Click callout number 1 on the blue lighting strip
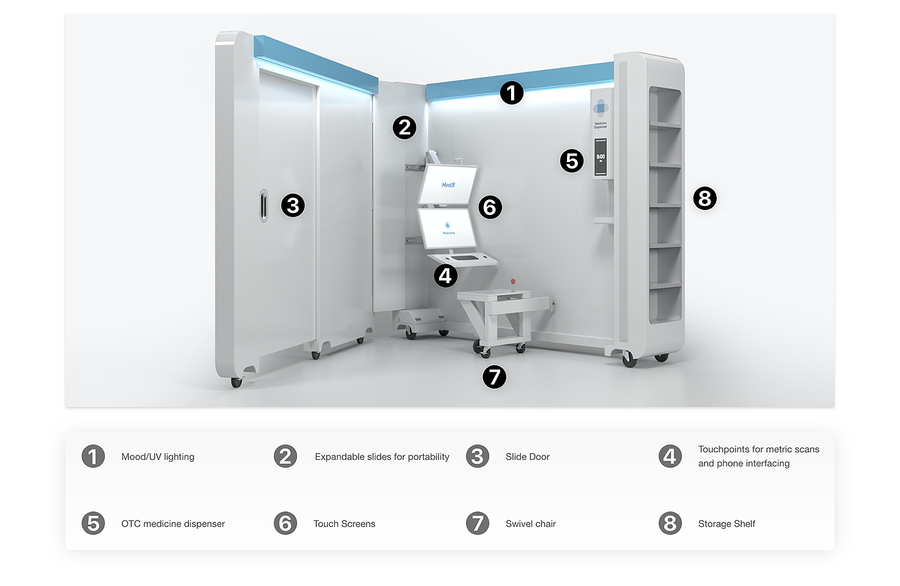pyautogui.click(x=512, y=93)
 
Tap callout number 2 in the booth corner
pyautogui.click(x=405, y=127)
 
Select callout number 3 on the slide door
pyautogui.click(x=293, y=205)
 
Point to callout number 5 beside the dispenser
pyautogui.click(x=571, y=161)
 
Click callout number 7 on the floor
pyautogui.click(x=494, y=376)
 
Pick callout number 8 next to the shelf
pyautogui.click(x=705, y=198)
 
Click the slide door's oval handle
pyautogui.click(x=263, y=206)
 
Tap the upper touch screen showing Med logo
pyautogui.click(x=448, y=184)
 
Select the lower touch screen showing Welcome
pyautogui.click(x=448, y=228)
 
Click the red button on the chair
pyautogui.click(x=513, y=282)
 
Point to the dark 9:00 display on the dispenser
pyautogui.click(x=600, y=158)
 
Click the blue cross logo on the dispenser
pyautogui.click(x=600, y=107)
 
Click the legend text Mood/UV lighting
pyautogui.click(x=157, y=457)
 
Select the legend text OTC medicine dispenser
pyautogui.click(x=173, y=524)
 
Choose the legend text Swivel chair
pyautogui.click(x=530, y=524)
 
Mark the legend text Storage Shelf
pyautogui.click(x=726, y=524)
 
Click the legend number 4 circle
pyautogui.click(x=670, y=456)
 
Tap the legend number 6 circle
pyautogui.click(x=285, y=523)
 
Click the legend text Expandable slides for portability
pyautogui.click(x=382, y=457)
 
